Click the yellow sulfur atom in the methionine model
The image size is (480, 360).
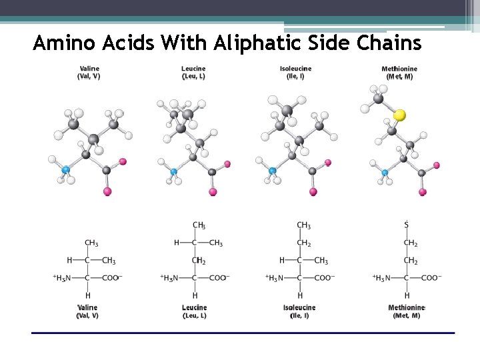click(399, 115)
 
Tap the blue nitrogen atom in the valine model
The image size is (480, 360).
click(66, 170)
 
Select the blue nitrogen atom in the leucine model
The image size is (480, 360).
click(174, 171)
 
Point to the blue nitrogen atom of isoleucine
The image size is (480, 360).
click(273, 171)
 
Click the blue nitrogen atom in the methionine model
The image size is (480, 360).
click(385, 173)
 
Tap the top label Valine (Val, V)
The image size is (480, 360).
click(89, 73)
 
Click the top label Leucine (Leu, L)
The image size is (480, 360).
click(193, 73)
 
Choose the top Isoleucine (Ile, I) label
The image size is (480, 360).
click(295, 73)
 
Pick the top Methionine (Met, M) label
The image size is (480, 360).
click(399, 73)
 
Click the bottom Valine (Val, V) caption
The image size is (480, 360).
click(87, 311)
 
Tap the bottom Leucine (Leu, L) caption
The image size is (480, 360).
click(194, 311)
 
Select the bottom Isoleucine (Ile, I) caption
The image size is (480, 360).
click(299, 311)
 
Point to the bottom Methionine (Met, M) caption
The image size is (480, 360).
click(406, 311)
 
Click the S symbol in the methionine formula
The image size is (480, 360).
click(407, 225)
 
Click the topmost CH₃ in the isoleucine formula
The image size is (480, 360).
click(303, 226)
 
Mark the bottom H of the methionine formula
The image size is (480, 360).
click(407, 295)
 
